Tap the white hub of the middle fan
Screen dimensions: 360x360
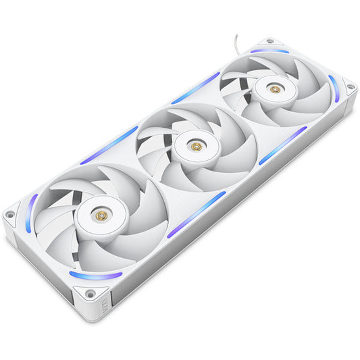[195, 146]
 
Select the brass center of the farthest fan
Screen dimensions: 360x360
[274, 88]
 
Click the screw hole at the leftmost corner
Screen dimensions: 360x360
[9, 215]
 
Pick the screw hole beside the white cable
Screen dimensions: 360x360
[270, 41]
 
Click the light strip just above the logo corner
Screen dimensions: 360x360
[95, 276]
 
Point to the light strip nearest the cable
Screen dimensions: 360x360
[269, 51]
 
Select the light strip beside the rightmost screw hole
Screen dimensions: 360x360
[334, 88]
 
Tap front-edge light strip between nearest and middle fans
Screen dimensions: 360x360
[195, 214]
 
